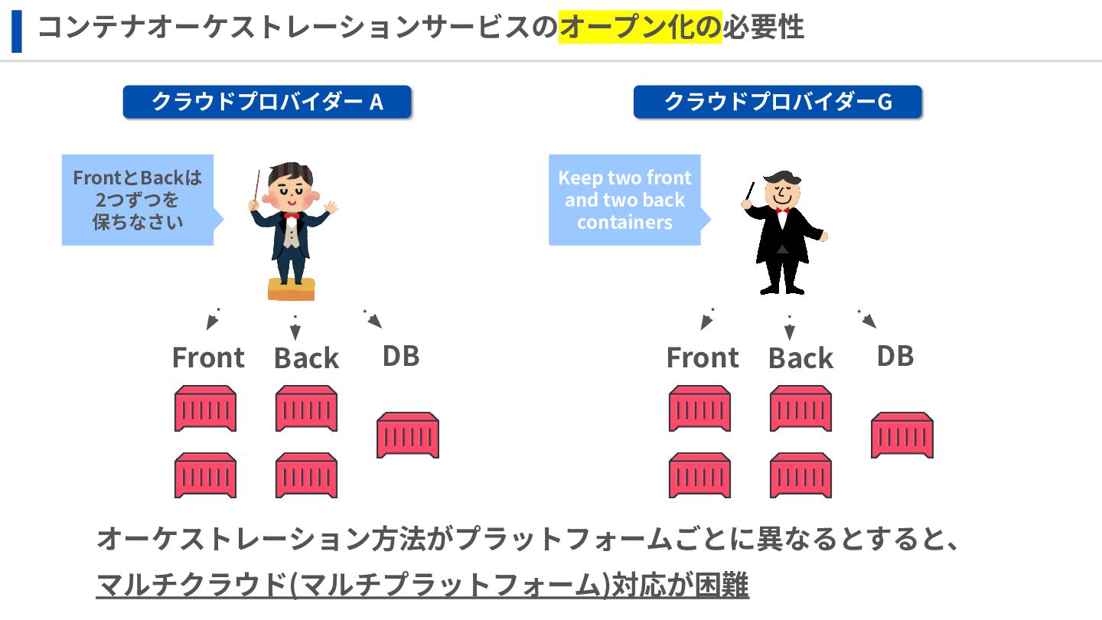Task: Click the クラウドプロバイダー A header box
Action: (x=267, y=102)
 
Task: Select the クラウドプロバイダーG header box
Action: (x=778, y=102)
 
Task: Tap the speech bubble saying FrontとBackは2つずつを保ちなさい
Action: (x=138, y=200)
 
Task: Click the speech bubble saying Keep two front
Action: (x=624, y=200)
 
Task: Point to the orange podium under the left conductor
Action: (x=291, y=289)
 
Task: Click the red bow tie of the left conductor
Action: (x=291, y=216)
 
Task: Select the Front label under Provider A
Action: (x=208, y=357)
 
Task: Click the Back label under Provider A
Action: (x=306, y=358)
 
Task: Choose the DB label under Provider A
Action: (x=401, y=356)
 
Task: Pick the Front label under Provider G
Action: (x=703, y=357)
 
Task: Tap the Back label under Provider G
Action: (x=800, y=358)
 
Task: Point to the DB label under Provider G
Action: (x=895, y=356)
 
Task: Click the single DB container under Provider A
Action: (x=408, y=436)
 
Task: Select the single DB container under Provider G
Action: (x=902, y=436)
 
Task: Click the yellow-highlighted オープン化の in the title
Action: (x=640, y=28)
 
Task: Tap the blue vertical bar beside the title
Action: (x=17, y=31)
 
